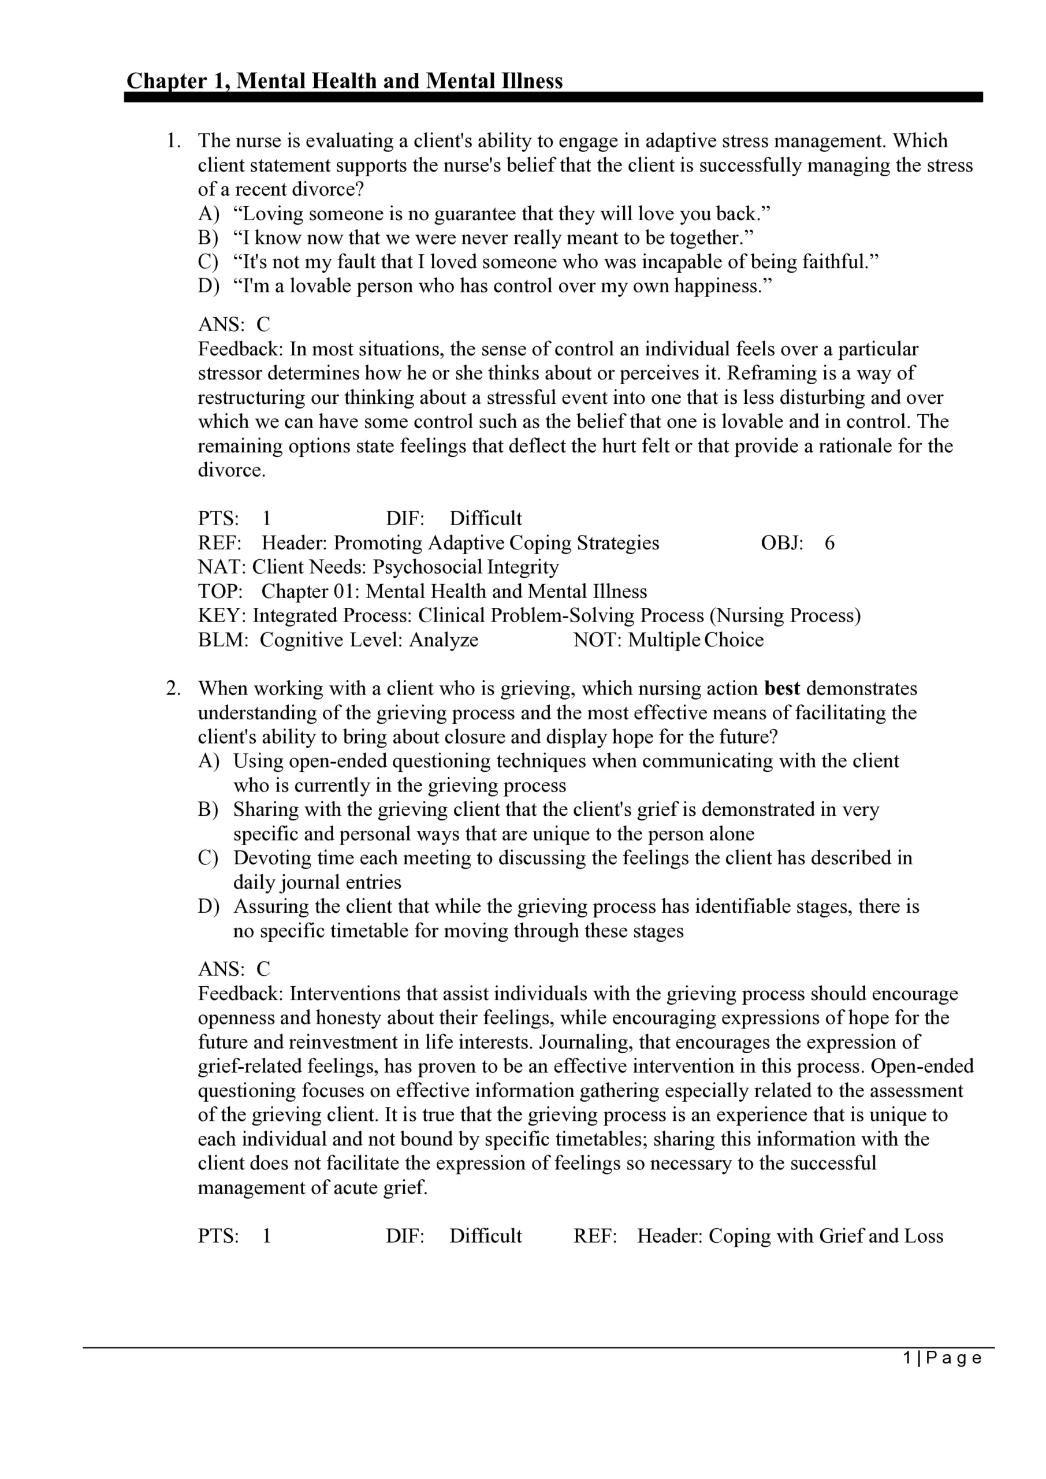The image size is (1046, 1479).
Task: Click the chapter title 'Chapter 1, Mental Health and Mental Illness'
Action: (x=345, y=81)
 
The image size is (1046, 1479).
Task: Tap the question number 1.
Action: (x=173, y=141)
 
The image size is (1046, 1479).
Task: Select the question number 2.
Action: (x=173, y=689)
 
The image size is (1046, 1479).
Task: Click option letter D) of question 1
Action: (x=208, y=286)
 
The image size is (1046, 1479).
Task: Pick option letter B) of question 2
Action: (x=208, y=810)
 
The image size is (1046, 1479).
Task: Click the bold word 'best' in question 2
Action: (x=782, y=689)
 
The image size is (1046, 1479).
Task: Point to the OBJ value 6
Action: (x=829, y=543)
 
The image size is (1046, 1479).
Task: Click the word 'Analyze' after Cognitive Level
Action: (x=444, y=640)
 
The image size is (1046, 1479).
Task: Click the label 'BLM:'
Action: (x=222, y=640)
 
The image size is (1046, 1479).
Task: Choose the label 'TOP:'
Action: (x=219, y=592)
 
